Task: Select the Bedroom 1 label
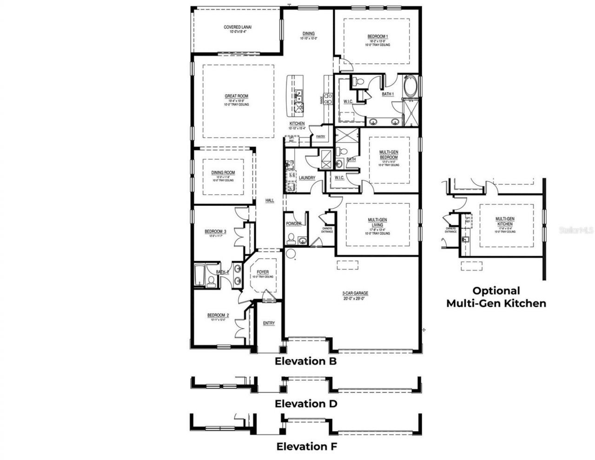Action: coord(377,37)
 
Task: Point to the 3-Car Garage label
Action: coord(355,293)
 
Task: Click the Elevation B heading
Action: coord(305,361)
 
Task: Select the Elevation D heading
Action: coord(305,404)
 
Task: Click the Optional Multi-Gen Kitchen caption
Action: coord(496,297)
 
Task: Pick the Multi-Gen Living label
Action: coord(377,220)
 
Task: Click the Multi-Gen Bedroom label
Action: coord(388,155)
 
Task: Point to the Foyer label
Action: coord(263,272)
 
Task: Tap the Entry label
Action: coord(269,323)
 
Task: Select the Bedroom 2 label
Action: coord(216,315)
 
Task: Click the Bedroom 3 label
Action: coord(215,231)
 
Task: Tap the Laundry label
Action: coord(307,178)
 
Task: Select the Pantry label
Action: coord(320,137)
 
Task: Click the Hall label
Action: coord(270,201)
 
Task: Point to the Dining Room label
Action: coord(223,172)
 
